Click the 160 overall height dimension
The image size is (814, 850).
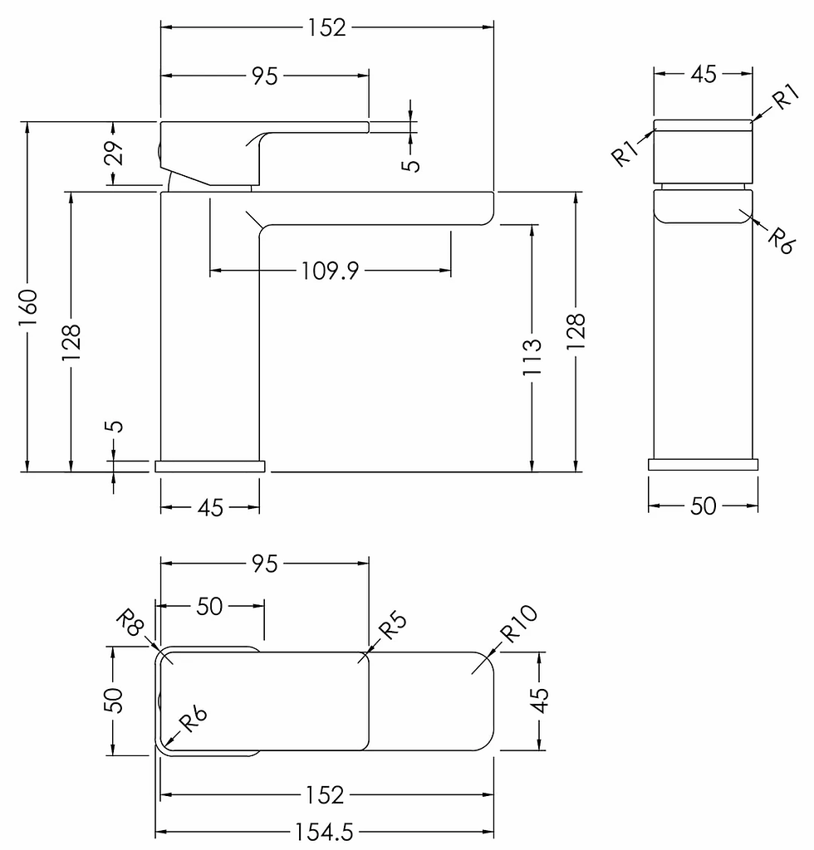27,307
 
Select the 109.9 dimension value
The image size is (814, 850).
330,271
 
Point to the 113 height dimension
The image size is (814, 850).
532,357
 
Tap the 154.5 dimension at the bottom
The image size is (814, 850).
324,832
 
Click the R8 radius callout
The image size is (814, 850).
130,623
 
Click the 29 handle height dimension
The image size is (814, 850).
114,153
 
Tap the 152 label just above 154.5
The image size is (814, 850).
325,795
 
